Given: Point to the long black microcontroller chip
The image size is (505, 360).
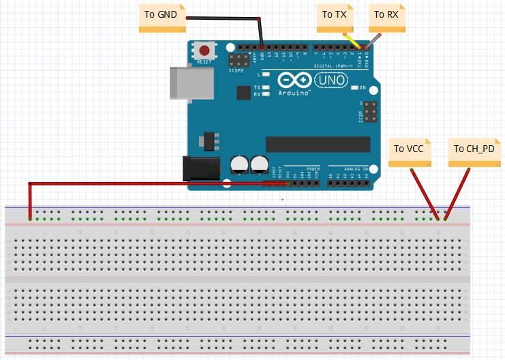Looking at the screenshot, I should point(318,144).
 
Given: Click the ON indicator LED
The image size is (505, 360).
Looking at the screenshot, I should point(354,88).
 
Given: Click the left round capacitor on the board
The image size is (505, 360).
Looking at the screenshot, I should point(239,164).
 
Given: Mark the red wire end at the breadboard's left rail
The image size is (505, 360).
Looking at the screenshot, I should point(29,217).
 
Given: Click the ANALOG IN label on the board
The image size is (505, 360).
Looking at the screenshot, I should point(356,168).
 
